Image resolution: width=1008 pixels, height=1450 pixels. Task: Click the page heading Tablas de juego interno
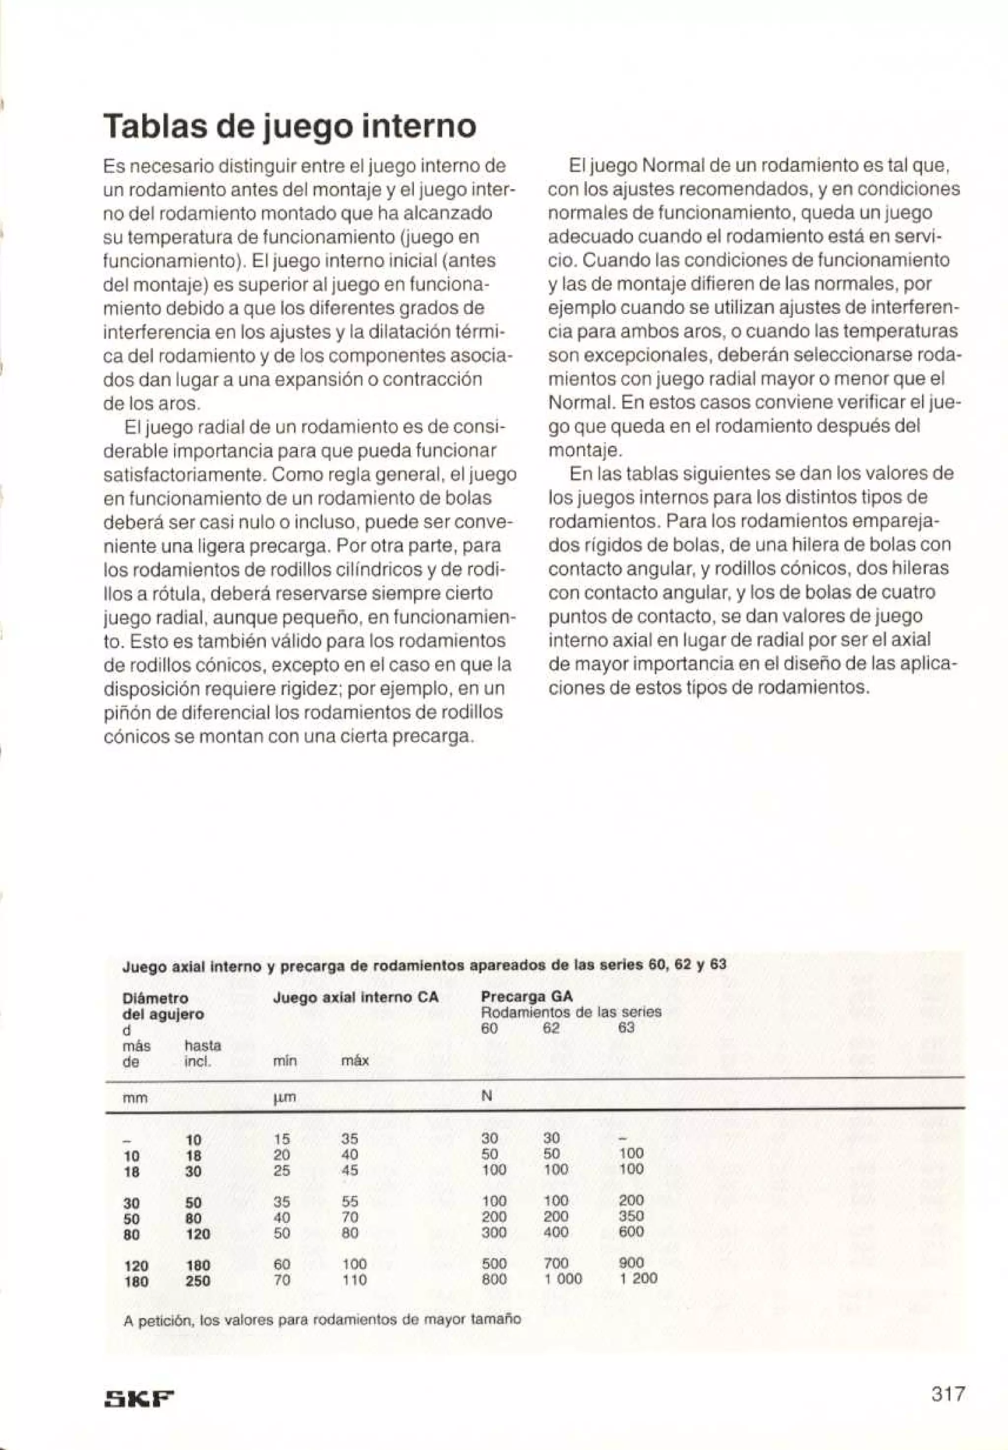pyautogui.click(x=290, y=126)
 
